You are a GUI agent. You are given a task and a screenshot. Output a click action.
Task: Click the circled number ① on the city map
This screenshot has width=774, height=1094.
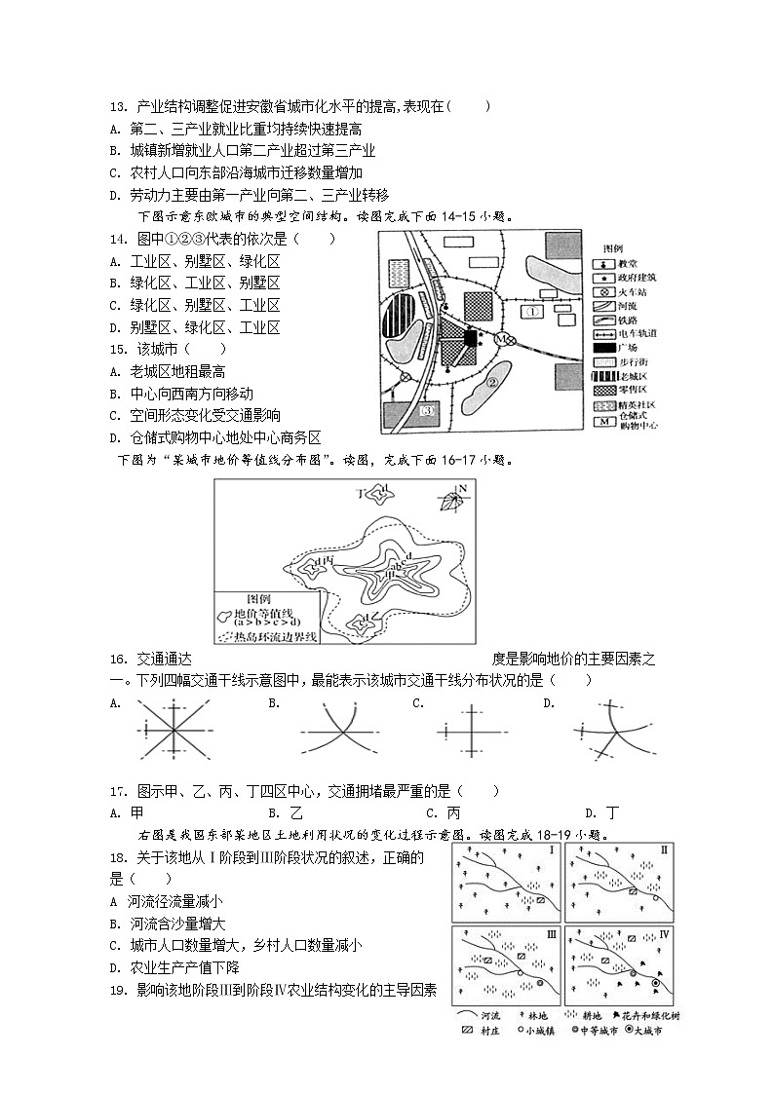coord(531,312)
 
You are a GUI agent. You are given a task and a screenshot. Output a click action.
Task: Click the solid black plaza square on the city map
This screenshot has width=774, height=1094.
coord(471,338)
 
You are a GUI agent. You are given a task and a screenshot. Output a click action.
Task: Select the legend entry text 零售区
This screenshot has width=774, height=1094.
coord(633,390)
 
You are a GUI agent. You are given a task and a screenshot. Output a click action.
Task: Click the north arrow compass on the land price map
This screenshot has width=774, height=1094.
coord(452,499)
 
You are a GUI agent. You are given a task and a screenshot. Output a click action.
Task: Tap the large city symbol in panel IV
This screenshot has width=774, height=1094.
coord(655,984)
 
